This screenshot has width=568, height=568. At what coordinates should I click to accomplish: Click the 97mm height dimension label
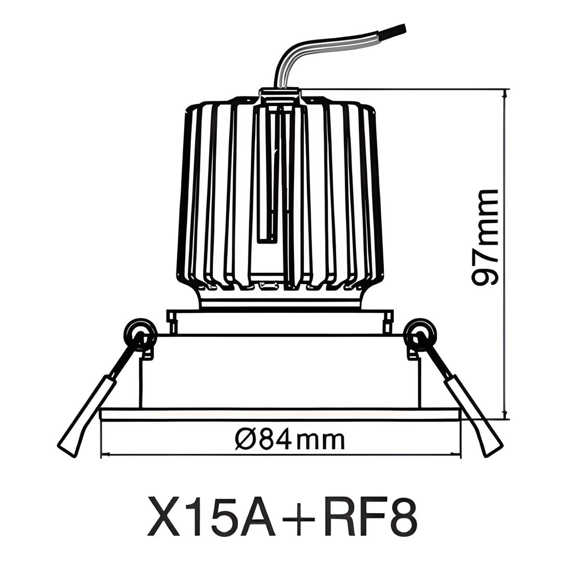pos(486,237)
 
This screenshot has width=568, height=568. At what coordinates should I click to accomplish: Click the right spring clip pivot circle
pos(420,335)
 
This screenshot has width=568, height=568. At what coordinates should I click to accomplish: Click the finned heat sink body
pos(222,194)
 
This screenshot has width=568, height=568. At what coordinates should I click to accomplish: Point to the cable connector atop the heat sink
pos(280,95)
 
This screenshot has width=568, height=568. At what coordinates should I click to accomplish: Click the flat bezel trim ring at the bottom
pos(280,414)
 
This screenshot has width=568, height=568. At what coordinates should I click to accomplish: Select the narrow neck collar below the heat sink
pos(280,300)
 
